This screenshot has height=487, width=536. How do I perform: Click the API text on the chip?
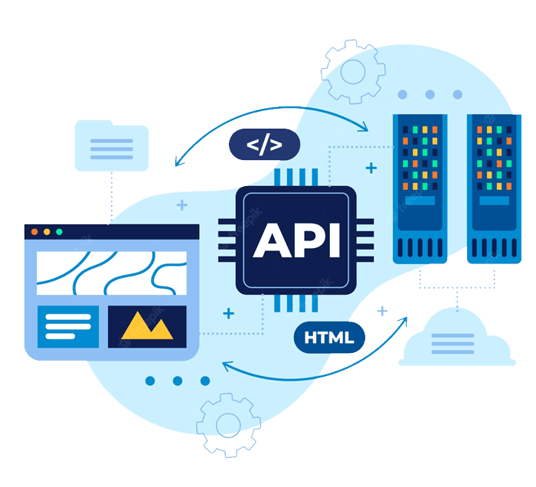pyautogui.click(x=296, y=239)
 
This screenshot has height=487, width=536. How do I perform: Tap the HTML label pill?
pyautogui.click(x=328, y=338)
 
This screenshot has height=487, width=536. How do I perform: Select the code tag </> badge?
pyautogui.click(x=264, y=144)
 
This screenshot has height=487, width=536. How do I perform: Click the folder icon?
pyautogui.click(x=112, y=145)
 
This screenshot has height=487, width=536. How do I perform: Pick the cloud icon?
pyautogui.click(x=456, y=337)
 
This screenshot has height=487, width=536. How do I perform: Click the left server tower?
pyautogui.click(x=419, y=188)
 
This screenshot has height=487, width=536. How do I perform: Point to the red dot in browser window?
pyautogui.click(x=34, y=231)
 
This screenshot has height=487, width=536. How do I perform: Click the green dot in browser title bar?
pyautogui.click(x=59, y=231)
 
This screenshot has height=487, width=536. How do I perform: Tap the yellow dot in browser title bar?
pyautogui.click(x=47, y=231)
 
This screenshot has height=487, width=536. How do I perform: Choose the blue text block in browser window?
pyautogui.click(x=68, y=325)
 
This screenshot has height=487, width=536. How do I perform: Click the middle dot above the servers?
pyautogui.click(x=430, y=94)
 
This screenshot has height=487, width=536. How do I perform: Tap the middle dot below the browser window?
pyautogui.click(x=178, y=381)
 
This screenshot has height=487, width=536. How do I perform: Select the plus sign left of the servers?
pyautogui.click(x=371, y=167)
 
